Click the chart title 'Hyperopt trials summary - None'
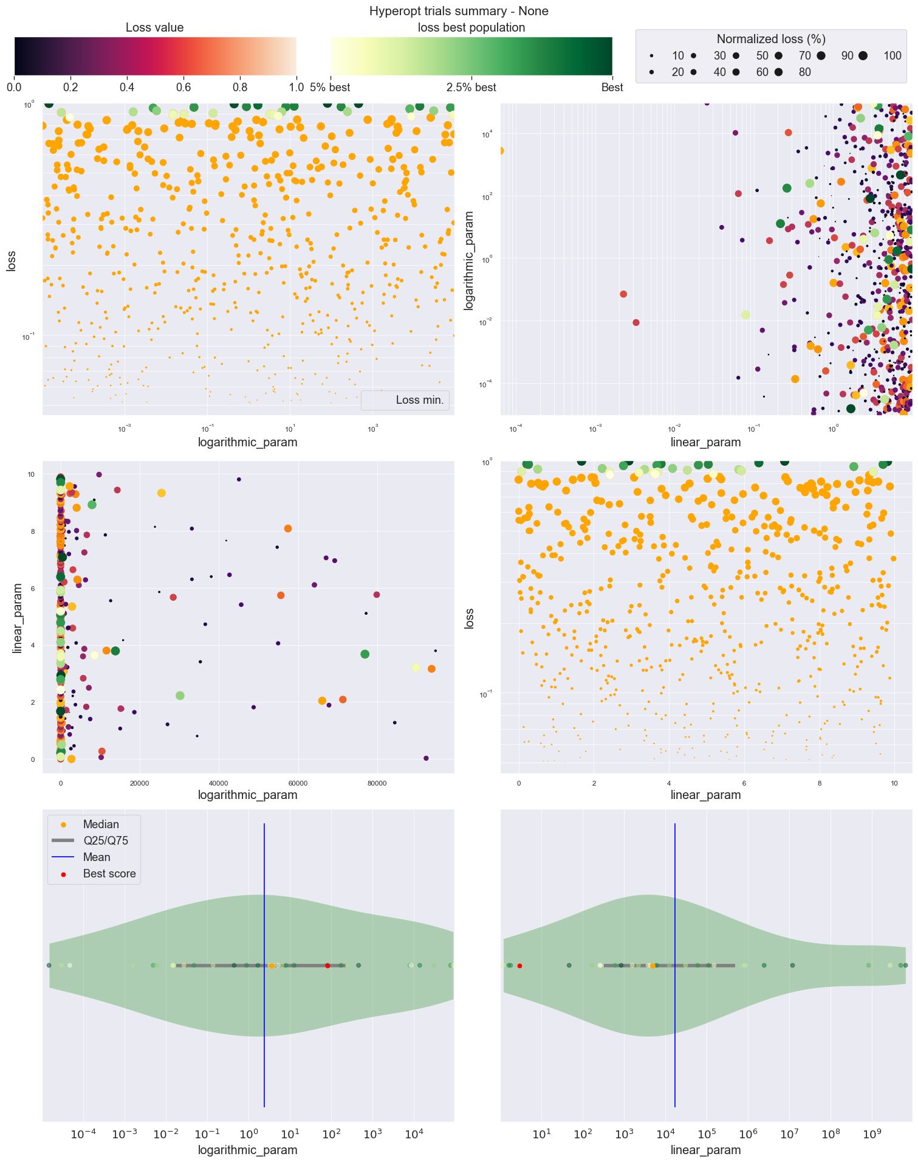click(459, 11)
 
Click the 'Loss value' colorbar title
click(154, 27)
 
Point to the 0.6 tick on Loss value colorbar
click(183, 87)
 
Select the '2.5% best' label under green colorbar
click(471, 87)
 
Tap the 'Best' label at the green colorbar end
click(612, 87)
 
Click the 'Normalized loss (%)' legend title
click(770, 39)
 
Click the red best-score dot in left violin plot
click(327, 966)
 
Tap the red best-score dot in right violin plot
click(519, 966)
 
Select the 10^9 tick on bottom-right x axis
click(872, 1135)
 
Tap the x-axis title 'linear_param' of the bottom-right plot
click(705, 1150)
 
